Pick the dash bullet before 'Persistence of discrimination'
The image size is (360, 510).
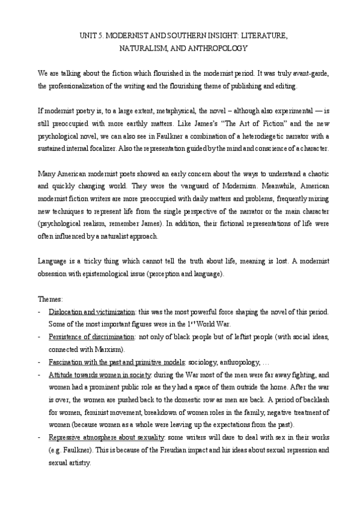tap(39, 336)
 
